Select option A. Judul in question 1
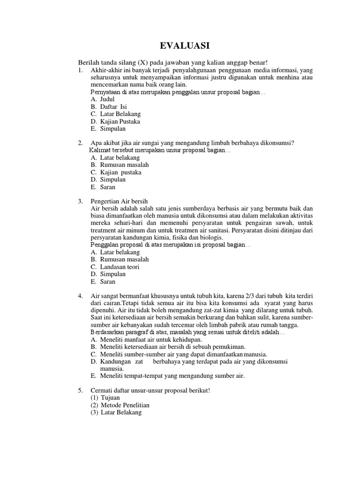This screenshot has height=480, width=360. coord(104,99)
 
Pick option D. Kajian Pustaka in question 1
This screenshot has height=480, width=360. coord(116,121)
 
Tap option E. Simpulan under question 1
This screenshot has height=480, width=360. coord(109,128)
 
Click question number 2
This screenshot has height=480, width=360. coord(80,143)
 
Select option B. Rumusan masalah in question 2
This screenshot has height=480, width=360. coord(120,165)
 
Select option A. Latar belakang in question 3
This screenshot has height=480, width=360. coord(115,252)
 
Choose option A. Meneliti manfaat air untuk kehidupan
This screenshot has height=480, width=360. coord(147,339)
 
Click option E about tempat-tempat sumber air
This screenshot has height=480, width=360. coord(168,375)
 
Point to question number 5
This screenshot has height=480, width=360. coord(80,390)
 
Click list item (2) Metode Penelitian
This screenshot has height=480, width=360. coord(120,405)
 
